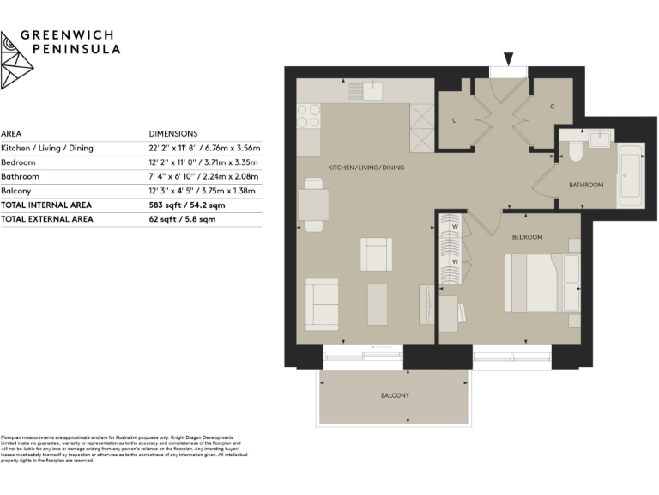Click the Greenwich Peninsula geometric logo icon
point(16,60)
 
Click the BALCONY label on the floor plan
point(395,395)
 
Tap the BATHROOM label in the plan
point(586,185)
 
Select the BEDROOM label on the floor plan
point(528,236)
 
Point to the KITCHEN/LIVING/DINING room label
point(366,168)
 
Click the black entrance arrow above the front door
point(509,59)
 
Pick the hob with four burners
point(308,118)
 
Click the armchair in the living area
point(376,254)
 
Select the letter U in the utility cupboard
point(454,120)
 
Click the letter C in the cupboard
point(553,107)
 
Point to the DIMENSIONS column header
point(172,134)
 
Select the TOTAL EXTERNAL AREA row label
point(47,219)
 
